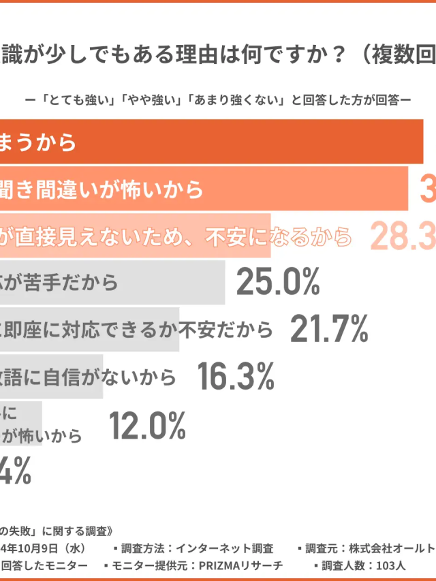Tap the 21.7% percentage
[329, 329]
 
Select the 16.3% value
[236, 375]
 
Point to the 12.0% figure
[147, 427]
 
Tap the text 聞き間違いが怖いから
[102, 189]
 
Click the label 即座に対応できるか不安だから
[136, 330]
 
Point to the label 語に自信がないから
[89, 377]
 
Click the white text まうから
[37, 142]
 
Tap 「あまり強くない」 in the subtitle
[225, 99]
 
